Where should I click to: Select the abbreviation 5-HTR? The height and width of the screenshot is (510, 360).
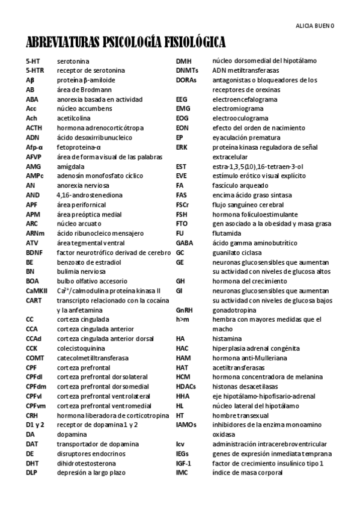[x=35, y=70]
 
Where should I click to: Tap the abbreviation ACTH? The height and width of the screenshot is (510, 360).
[x=34, y=128]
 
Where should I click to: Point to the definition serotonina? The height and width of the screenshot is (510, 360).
[x=73, y=61]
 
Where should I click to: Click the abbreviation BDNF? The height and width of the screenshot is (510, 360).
[x=34, y=253]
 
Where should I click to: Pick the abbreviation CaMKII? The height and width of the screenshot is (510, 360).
[x=37, y=290]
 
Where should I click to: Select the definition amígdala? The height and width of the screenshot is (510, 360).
[x=71, y=167]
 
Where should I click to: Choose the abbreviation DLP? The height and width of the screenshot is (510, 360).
[x=32, y=473]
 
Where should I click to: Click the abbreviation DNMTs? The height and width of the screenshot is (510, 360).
[x=187, y=70]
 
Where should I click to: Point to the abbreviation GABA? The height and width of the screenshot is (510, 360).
[x=184, y=243]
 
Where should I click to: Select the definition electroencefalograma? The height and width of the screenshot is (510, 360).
[x=245, y=99]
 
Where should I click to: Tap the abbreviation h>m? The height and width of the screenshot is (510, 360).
[x=183, y=319]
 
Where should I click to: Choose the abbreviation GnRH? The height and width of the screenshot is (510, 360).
[x=184, y=310]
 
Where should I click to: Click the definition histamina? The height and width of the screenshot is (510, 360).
[x=227, y=339]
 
